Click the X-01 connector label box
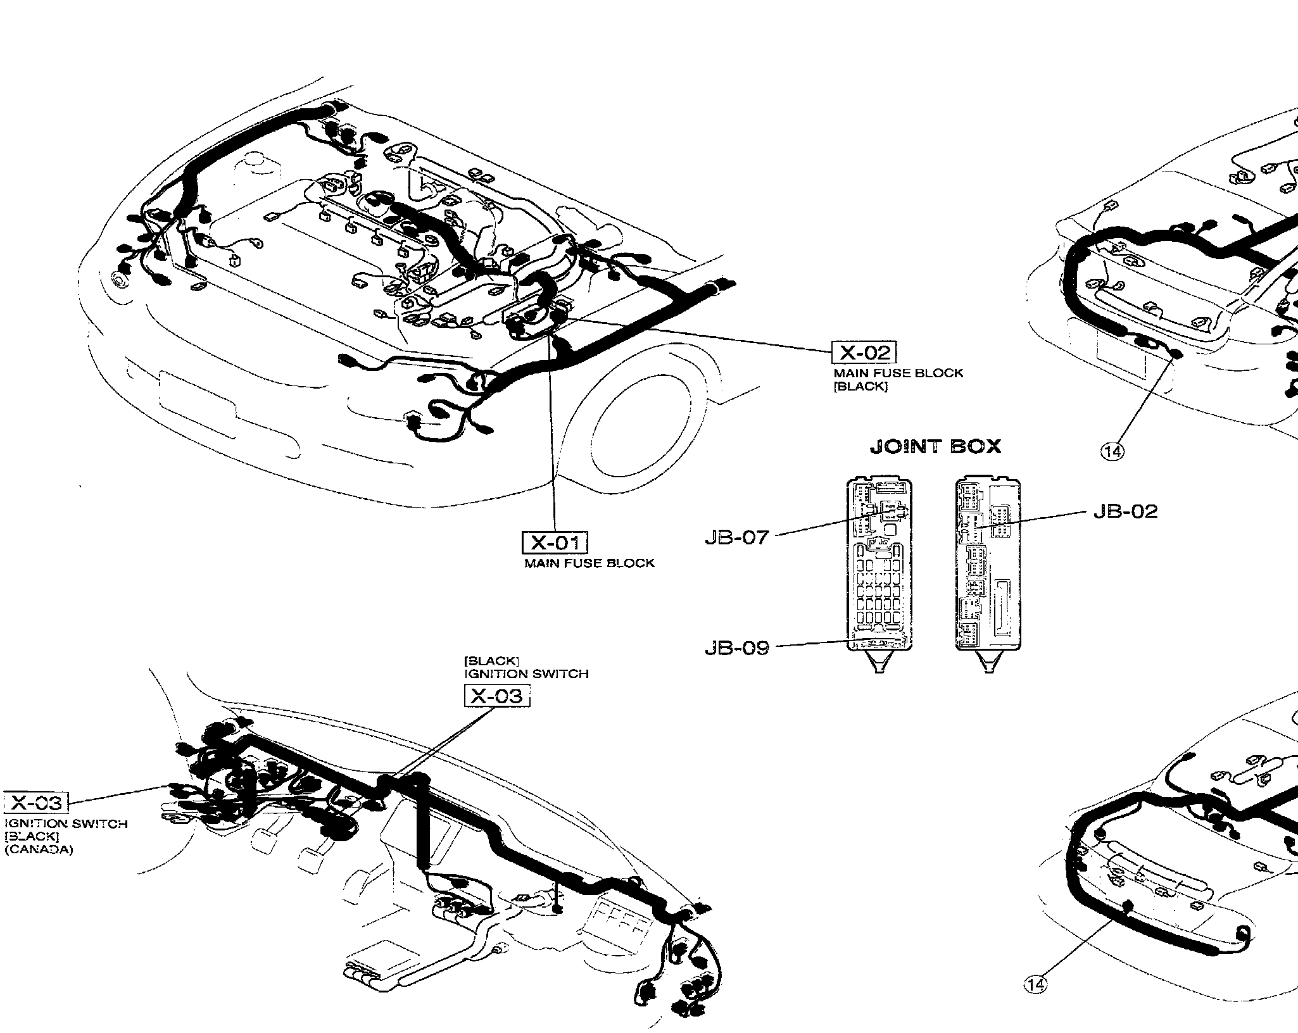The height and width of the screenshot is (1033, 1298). coord(554,542)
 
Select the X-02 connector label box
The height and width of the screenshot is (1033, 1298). coord(864,353)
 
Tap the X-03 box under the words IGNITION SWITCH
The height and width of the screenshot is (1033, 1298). coord(497,696)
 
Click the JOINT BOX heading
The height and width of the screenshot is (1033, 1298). coord(935,447)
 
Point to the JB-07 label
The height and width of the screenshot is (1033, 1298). coord(736,537)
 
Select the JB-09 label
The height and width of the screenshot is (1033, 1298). coord(736,648)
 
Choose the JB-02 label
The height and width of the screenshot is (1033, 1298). coord(1125,511)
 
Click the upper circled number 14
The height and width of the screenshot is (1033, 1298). coord(1112,451)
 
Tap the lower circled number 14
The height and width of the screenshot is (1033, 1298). coord(1035,1002)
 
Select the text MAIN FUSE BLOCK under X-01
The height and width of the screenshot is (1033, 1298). coord(589,563)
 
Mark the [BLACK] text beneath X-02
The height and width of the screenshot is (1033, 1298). coord(860,387)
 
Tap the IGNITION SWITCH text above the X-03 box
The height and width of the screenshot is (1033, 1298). coord(526,674)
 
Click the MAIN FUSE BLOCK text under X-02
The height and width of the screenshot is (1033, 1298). coord(898,373)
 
